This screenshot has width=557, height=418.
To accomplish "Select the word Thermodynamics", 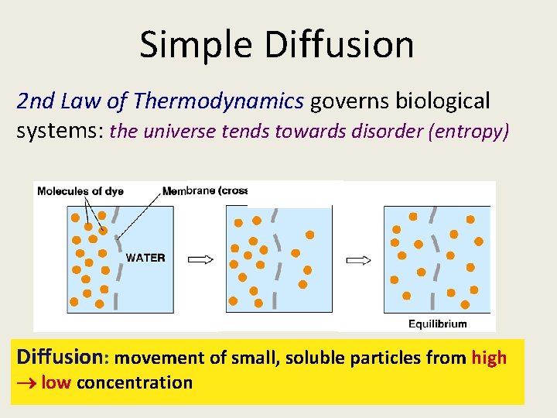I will [x=218, y=101].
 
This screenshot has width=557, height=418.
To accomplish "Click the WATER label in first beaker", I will [x=145, y=258].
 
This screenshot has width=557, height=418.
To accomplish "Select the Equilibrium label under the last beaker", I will [x=437, y=324].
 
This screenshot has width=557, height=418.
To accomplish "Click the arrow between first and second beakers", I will [x=200, y=259].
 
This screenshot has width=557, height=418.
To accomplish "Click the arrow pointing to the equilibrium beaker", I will [x=358, y=259].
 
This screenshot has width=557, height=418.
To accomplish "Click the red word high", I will [x=489, y=358].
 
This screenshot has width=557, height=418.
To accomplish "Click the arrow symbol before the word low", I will [x=28, y=382].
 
